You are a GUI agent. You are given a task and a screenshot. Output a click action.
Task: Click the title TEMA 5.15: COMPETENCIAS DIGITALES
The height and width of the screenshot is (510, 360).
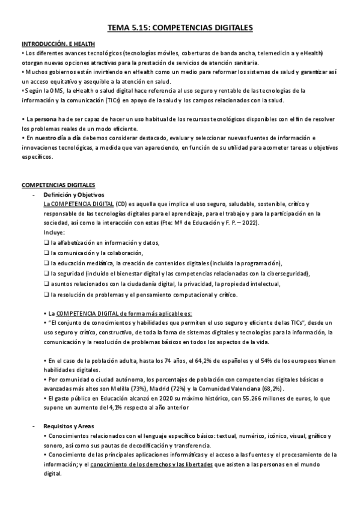tap(180, 28)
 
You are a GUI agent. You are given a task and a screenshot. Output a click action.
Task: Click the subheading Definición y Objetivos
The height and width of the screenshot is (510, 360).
tap(74, 195)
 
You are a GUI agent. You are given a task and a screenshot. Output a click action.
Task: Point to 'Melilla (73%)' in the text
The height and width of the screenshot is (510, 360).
tap(151, 389)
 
